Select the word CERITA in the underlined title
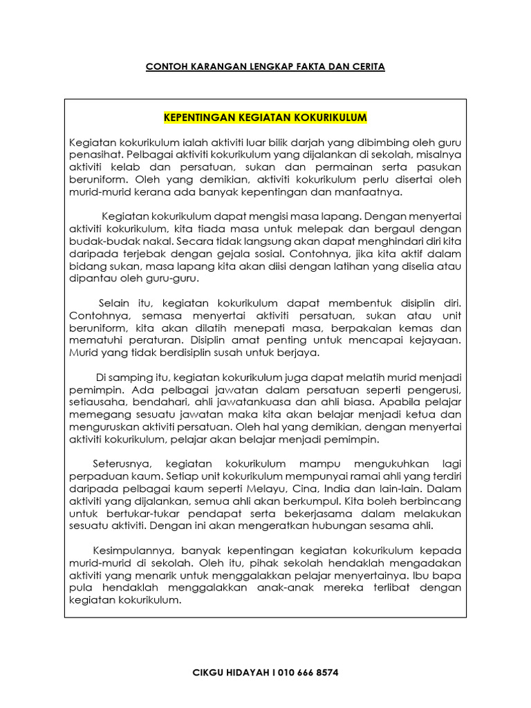click(367, 67)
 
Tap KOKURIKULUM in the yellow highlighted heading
click(328, 118)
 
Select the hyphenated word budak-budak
click(97, 241)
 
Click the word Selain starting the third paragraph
click(114, 303)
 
